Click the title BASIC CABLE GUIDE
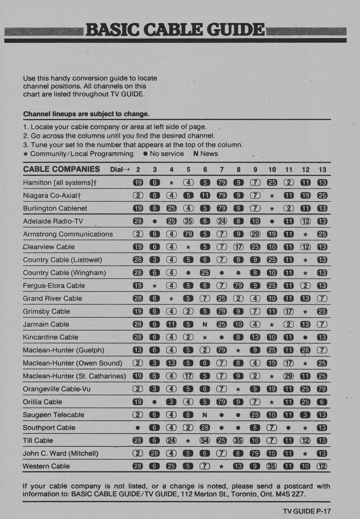click(175, 29)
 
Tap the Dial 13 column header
click(322, 169)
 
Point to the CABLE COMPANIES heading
click(61, 169)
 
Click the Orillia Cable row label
click(42, 402)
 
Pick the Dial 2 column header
click(138, 169)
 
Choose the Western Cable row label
click(46, 466)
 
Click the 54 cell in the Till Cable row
click(205, 440)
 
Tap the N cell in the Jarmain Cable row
click(205, 324)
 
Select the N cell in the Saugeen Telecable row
click(205, 415)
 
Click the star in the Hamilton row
click(171, 183)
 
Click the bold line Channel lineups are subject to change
click(86, 114)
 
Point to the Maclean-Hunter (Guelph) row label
click(63, 350)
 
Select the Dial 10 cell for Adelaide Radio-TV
click(272, 221)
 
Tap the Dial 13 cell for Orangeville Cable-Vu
click(322, 389)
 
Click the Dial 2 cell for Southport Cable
click(138, 428)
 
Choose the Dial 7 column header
click(222, 169)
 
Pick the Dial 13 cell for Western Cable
click(322, 466)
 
